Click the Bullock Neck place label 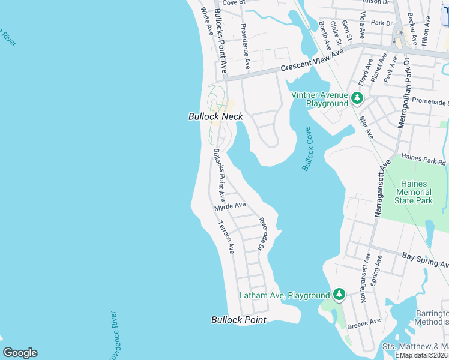[x=215, y=116]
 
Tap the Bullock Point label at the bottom [x=238, y=320]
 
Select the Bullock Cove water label [x=309, y=149]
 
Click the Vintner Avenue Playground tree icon [x=357, y=97]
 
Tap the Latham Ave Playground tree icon [x=339, y=294]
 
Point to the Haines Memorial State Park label [x=413, y=192]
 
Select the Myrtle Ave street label [x=230, y=206]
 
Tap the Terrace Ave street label [x=226, y=237]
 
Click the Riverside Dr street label [x=262, y=233]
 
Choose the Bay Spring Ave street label [x=425, y=260]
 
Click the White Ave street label [x=207, y=20]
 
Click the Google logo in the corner [x=20, y=353]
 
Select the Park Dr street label [x=381, y=23]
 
